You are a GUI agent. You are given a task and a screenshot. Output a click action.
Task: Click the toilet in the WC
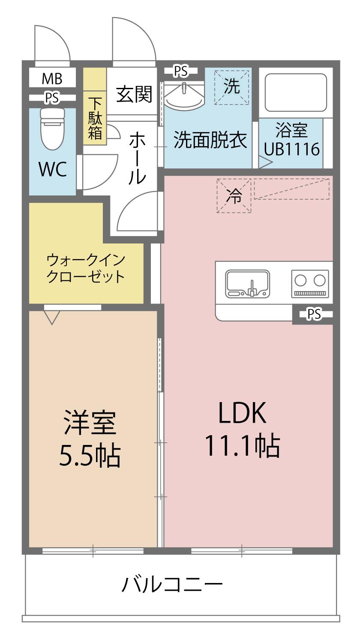coord(52,129)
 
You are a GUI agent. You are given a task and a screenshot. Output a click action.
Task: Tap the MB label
coord(52,78)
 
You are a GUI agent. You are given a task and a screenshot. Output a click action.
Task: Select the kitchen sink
coord(247,284)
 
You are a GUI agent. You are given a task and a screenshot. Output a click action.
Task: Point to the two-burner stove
coord(310,284)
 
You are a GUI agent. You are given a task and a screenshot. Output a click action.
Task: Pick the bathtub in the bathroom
coord(296,93)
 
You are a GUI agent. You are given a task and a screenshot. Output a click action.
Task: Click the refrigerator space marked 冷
coord(234,196)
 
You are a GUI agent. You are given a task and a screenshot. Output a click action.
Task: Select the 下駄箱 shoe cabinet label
coord(95,118)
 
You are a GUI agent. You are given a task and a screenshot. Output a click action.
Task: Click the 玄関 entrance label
coord(134,94)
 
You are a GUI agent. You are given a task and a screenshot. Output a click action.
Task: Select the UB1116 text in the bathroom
coord(292,149)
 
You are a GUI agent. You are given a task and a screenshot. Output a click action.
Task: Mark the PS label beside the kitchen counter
coord(314,314)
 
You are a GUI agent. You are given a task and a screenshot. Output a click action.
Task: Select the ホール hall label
coord(137,159)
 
